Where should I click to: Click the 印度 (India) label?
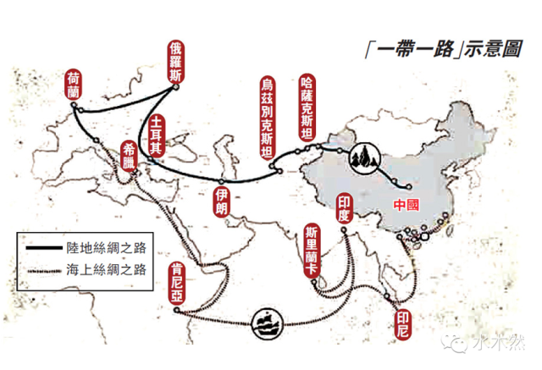[344, 207]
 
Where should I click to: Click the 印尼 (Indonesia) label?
[401, 321]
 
